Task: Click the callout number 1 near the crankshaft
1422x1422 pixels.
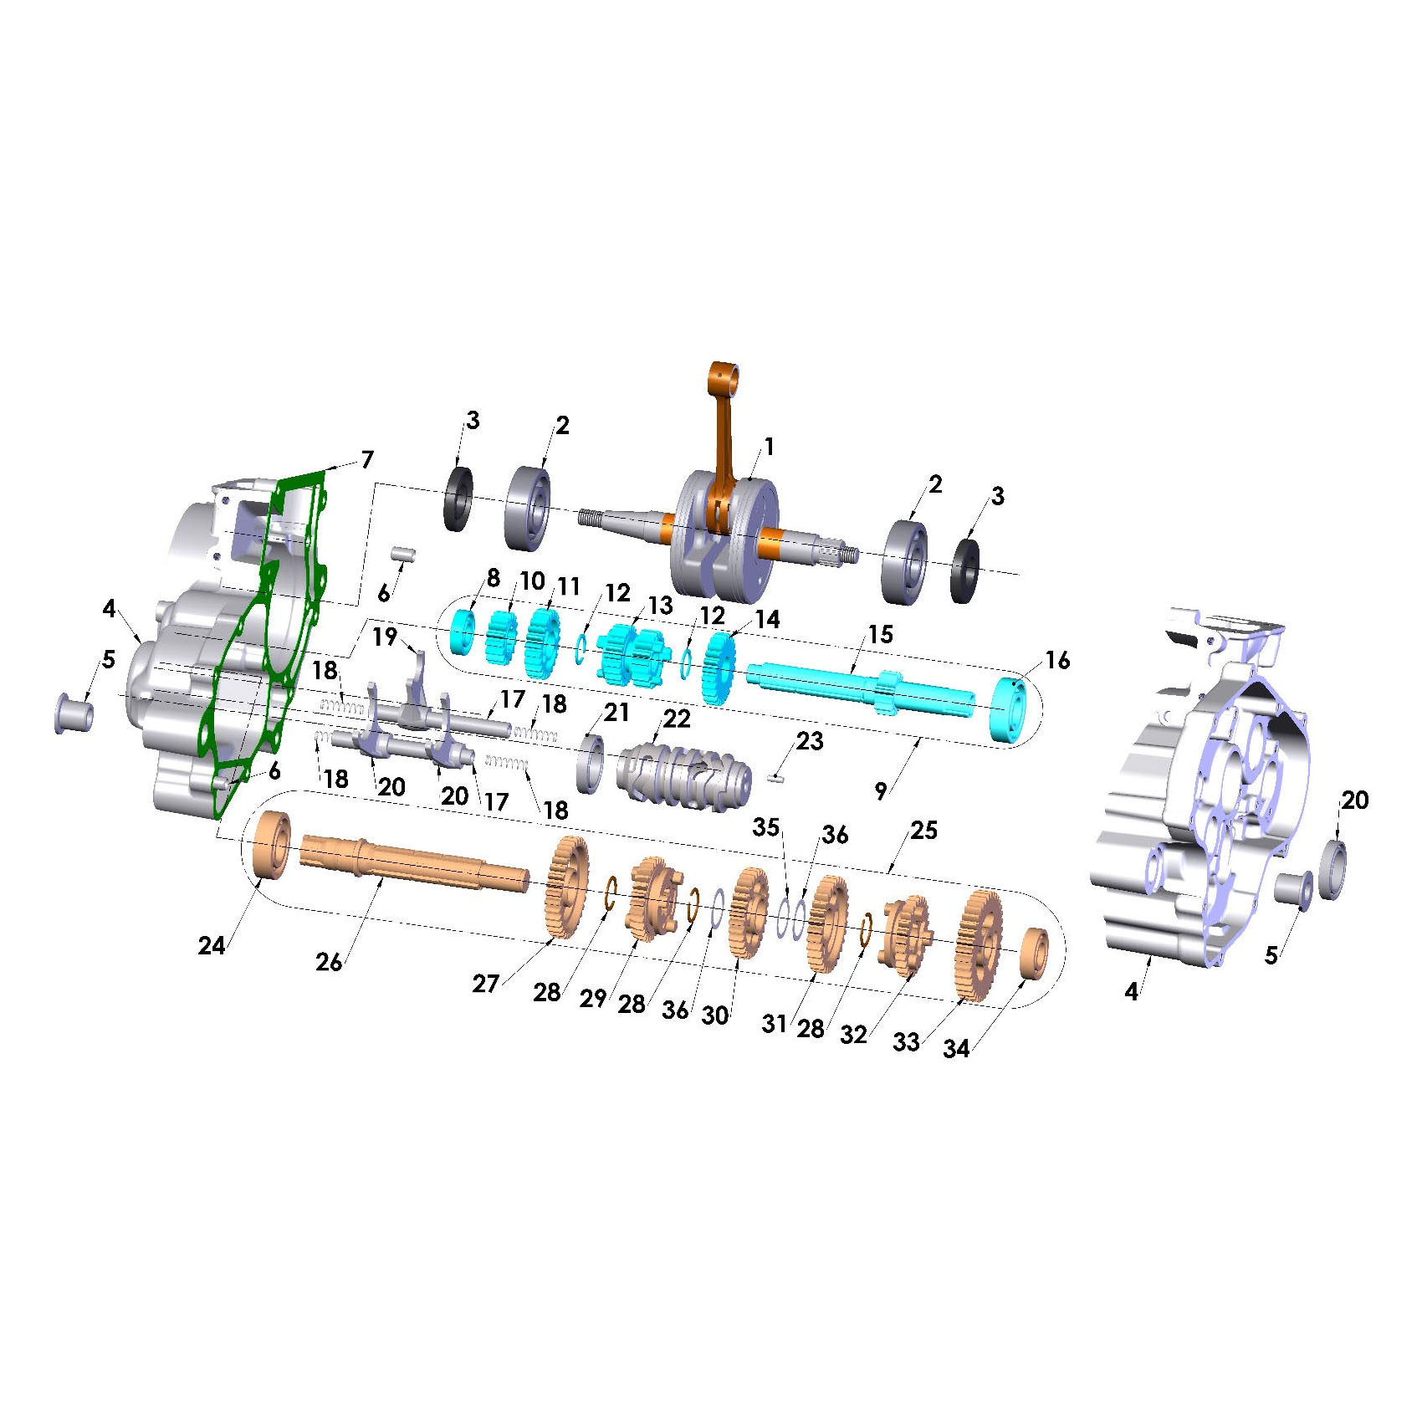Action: [770, 447]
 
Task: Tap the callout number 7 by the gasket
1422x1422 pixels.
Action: [367, 459]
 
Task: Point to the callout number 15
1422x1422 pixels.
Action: [880, 634]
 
